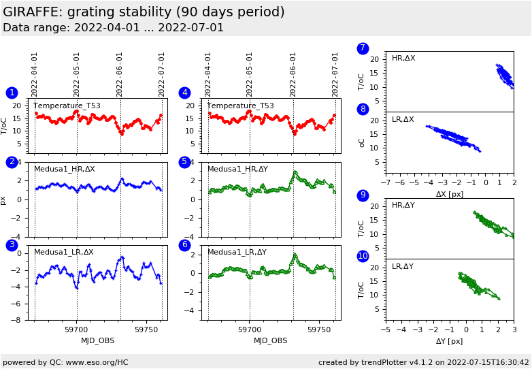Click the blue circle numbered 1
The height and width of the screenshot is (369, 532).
coord(12,93)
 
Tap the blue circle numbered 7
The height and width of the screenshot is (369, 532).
coord(363,48)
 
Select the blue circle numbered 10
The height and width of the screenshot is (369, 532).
coord(363,256)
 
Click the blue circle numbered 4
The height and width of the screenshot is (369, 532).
coord(184,93)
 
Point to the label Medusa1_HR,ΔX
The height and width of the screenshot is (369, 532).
coord(65,169)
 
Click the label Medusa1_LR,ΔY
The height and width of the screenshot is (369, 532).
coord(237,252)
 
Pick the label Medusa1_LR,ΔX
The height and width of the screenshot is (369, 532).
coord(64,252)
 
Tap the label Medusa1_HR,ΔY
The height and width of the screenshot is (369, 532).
coord(237,169)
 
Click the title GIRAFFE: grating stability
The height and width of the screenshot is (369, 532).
coord(144,12)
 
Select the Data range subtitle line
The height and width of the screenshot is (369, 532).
coord(113,28)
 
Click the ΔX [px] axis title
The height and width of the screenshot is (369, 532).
coord(450,194)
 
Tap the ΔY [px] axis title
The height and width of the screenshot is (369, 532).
coord(450,341)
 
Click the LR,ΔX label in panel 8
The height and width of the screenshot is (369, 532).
coord(403,119)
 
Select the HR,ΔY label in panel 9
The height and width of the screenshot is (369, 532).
coord(403,205)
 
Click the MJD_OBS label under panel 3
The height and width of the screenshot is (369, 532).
coord(98,340)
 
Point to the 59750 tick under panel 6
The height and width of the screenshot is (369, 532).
coord(318,330)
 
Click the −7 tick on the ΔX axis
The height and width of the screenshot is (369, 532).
coord(386,183)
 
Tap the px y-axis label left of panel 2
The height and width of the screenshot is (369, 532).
coord(3,200)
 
